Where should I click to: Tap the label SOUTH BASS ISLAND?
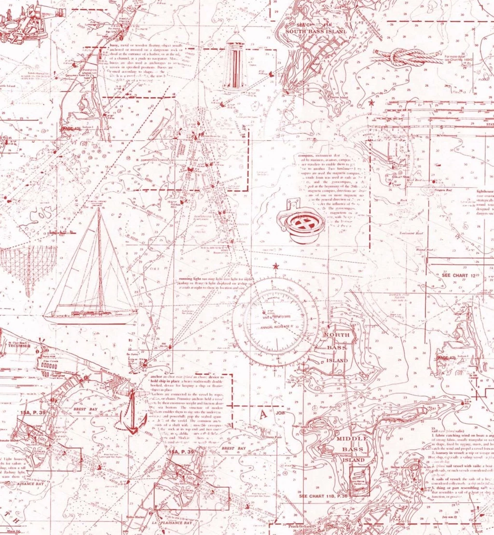[x=316, y=32]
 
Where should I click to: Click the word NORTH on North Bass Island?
[x=336, y=335]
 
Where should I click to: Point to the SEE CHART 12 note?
[x=460, y=275]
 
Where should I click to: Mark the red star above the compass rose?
[x=275, y=267]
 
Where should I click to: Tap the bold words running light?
[x=191, y=279]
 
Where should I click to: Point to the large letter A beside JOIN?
[x=263, y=414]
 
